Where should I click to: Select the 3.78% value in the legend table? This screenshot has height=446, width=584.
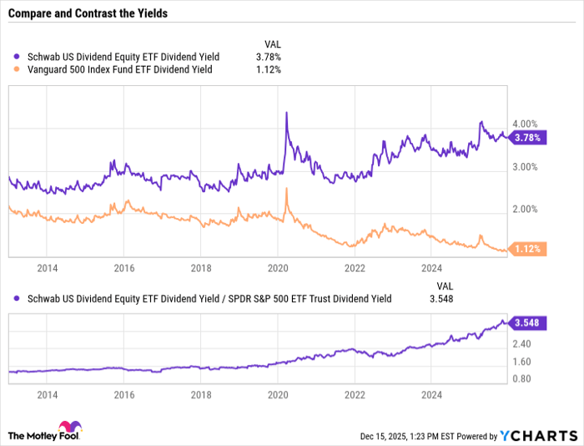[x=268, y=57]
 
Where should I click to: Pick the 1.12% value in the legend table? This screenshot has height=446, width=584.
[x=268, y=69]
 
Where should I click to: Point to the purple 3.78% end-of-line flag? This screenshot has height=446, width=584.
[x=528, y=137]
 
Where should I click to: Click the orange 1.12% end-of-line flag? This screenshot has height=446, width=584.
[x=528, y=249]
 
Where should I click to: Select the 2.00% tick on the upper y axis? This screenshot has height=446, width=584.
[x=525, y=209]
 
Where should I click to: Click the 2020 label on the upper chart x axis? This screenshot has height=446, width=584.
[x=278, y=268]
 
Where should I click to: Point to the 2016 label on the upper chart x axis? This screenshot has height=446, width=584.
[x=123, y=268]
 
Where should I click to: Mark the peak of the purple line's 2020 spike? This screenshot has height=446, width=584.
[x=286, y=113]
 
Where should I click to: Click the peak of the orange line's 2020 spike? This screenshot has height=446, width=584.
[x=286, y=190]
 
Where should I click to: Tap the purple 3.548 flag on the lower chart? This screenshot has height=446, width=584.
[x=527, y=323]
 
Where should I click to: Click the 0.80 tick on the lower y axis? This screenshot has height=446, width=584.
[x=522, y=379]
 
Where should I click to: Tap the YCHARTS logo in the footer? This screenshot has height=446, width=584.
[x=538, y=436]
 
